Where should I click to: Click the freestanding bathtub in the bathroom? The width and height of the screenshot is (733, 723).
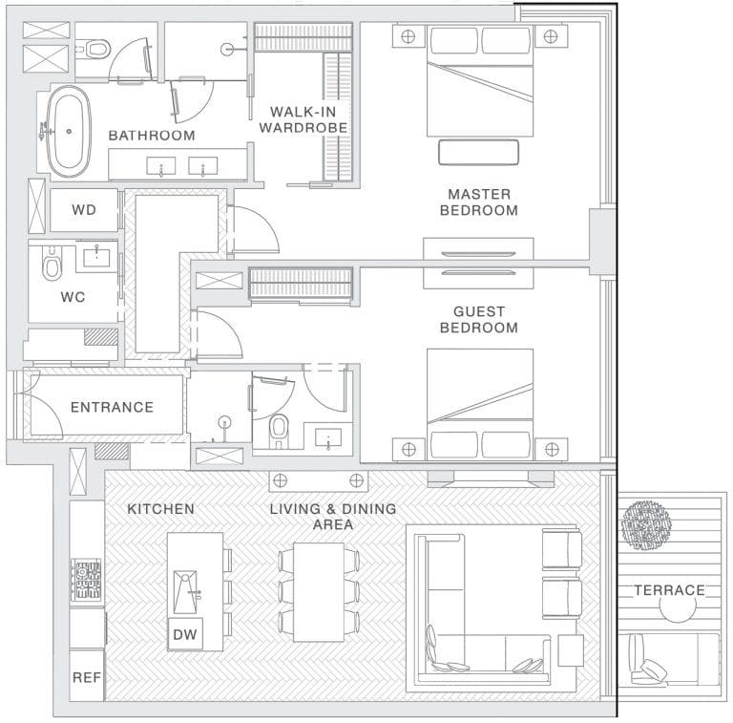[69, 132]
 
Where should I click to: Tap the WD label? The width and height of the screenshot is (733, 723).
[84, 209]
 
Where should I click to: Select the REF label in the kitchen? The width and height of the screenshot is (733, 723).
[87, 677]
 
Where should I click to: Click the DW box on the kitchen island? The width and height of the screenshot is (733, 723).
[185, 634]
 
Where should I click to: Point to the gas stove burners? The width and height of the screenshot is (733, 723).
[86, 580]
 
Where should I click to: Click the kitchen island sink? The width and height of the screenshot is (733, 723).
[186, 591]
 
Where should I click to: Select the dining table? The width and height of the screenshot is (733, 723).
[319, 592]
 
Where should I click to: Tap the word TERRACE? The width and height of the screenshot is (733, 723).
[669, 590]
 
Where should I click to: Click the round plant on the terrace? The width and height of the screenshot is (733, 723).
[646, 525]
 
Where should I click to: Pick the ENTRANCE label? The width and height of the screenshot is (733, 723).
[113, 407]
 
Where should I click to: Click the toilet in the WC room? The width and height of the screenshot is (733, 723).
[52, 264]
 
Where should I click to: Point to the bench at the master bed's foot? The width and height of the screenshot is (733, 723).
[479, 153]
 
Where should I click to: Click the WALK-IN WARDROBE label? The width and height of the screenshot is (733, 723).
[304, 119]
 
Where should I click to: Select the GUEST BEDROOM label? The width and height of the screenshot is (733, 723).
[479, 319]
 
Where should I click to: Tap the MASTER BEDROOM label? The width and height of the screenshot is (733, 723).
[479, 202]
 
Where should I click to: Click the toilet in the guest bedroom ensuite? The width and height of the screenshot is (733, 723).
[279, 431]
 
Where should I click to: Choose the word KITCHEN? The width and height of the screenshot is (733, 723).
[160, 509]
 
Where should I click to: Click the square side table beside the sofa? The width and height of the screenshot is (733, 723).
[571, 650]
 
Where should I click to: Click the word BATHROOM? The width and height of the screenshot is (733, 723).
[152, 136]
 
